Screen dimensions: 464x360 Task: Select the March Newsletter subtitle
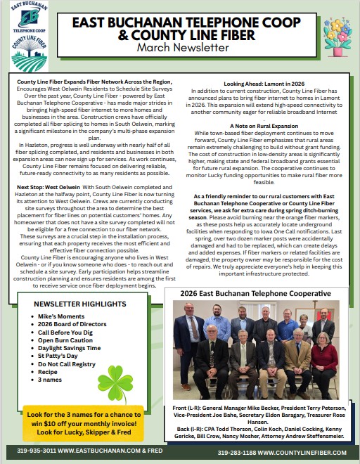click(184, 48)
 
